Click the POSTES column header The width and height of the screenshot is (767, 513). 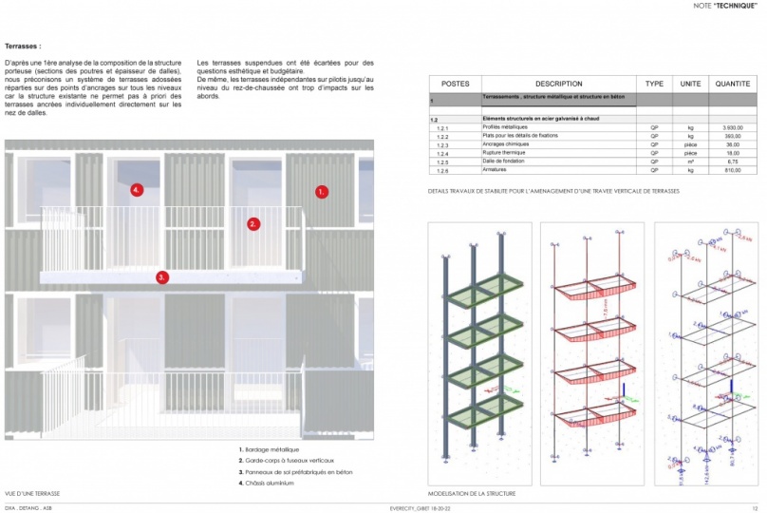click(x=456, y=84)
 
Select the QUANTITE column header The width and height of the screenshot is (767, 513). click(x=732, y=84)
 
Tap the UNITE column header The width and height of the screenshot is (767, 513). click(x=690, y=84)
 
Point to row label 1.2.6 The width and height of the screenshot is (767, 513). click(x=442, y=170)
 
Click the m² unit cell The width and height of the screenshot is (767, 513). click(x=690, y=161)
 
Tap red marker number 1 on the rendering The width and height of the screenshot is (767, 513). click(x=322, y=191)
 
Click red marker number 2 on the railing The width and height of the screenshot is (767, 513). click(x=253, y=224)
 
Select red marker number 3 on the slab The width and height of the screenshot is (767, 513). click(x=162, y=277)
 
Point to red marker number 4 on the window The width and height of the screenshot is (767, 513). click(x=137, y=190)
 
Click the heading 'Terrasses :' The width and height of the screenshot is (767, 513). click(x=23, y=46)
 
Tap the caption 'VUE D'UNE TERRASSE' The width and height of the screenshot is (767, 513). click(x=32, y=494)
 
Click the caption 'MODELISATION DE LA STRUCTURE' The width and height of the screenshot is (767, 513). click(x=470, y=494)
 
